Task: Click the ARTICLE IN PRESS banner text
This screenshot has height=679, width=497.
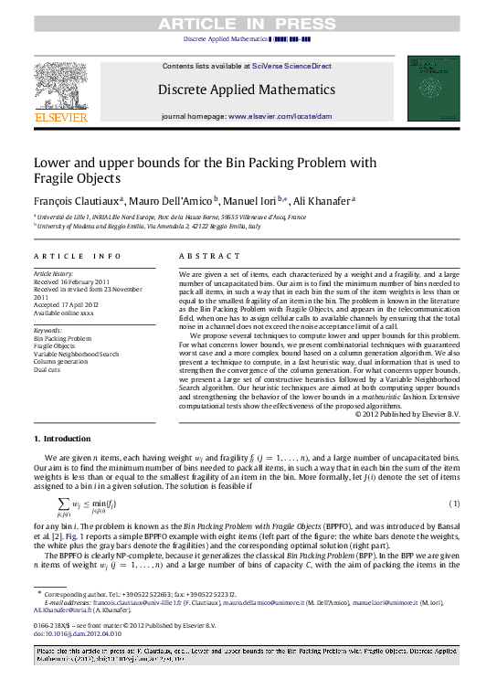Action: click(248, 25)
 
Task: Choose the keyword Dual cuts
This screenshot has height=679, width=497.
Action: click(48, 370)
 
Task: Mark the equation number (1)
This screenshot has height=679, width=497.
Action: click(454, 504)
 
